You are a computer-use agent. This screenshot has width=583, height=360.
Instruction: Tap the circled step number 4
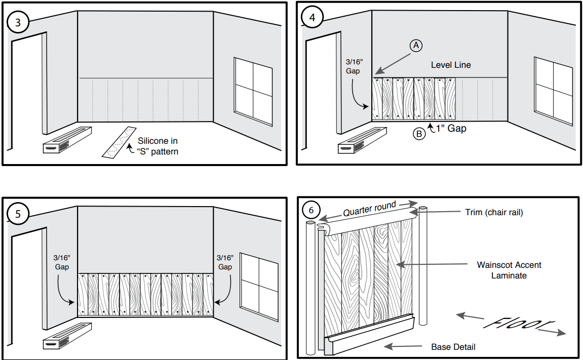pyautogui.click(x=312, y=17)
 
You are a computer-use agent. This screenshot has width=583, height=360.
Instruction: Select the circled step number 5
pyautogui.click(x=18, y=214)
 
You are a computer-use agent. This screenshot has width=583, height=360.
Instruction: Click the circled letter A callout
pyautogui.click(x=416, y=46)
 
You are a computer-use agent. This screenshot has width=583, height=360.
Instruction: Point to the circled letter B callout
pyautogui.click(x=419, y=135)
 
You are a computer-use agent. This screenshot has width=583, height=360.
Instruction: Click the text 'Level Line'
pyautogui.click(x=451, y=65)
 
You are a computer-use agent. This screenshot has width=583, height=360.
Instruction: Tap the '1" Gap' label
pyautogui.click(x=451, y=129)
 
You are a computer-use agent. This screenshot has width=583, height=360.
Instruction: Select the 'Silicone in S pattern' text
pyautogui.click(x=158, y=146)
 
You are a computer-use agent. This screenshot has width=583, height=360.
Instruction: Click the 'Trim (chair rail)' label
pyautogui.click(x=494, y=213)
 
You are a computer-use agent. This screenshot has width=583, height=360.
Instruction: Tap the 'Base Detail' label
pyautogui.click(x=453, y=347)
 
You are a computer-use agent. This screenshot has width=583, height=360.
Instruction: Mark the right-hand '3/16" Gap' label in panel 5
pyautogui.click(x=224, y=262)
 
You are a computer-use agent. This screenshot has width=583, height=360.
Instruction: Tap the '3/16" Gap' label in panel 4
pyautogui.click(x=353, y=66)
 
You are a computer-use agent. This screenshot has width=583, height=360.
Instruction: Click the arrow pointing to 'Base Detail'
pyautogui.click(x=403, y=346)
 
